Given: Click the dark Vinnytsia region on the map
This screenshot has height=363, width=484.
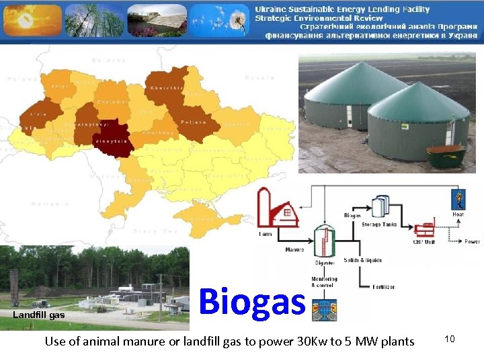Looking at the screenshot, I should [x=114, y=138].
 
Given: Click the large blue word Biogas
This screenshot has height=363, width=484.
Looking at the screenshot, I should [x=252, y=300].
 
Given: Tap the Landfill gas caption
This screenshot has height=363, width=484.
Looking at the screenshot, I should [x=38, y=315].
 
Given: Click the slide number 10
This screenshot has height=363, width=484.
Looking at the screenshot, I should [x=450, y=339].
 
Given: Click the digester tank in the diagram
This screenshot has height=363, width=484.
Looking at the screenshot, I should [x=324, y=241].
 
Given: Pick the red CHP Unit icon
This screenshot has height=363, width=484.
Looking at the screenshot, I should [x=426, y=232].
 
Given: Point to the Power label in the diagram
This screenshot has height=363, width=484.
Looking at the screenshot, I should [x=472, y=241].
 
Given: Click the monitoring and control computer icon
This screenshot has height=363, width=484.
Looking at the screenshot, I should [x=325, y=307].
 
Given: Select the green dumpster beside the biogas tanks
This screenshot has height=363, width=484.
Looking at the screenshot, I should [x=445, y=156].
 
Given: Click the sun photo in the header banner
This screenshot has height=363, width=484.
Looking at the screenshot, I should [x=31, y=20].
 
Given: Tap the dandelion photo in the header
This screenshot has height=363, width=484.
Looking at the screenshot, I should [x=218, y=20].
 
